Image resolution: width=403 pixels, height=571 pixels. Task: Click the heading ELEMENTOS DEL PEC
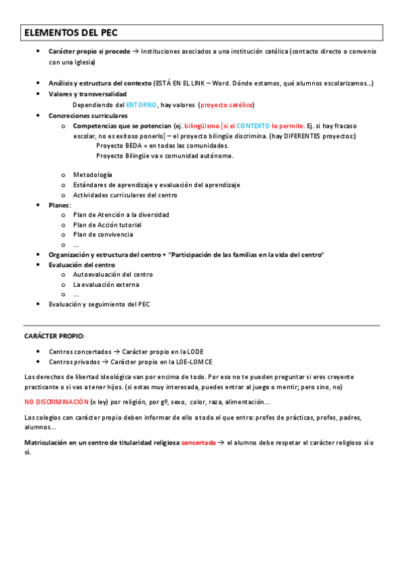tap(72, 32)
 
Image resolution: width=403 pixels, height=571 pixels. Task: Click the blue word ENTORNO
tap(141, 105)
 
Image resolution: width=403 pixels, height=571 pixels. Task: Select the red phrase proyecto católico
tap(227, 105)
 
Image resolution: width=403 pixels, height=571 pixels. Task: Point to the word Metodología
tap(93, 174)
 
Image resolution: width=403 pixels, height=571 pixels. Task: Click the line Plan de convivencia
tap(103, 234)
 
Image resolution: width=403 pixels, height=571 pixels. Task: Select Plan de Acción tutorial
tap(108, 224)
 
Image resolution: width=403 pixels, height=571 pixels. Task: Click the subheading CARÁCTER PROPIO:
tap(54, 335)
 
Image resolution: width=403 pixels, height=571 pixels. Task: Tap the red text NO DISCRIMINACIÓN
tap(57, 402)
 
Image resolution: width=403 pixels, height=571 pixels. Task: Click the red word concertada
tap(198, 442)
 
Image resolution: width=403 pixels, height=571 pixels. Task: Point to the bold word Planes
tap(59, 205)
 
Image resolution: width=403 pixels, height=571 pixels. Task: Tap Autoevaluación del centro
tap(113, 274)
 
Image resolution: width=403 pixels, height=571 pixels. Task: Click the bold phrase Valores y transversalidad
tap(87, 94)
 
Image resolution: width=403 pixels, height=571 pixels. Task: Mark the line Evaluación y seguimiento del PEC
tap(100, 304)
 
